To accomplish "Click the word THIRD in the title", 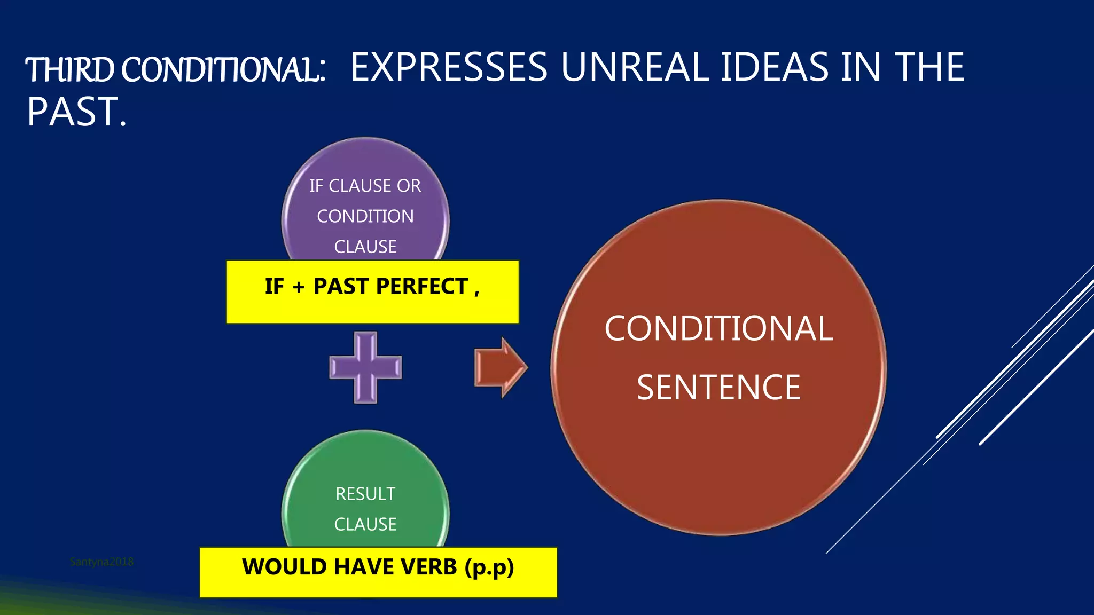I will (x=70, y=70).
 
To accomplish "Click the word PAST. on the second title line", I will (x=76, y=112).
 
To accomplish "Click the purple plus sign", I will (x=365, y=367).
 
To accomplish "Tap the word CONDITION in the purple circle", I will (x=365, y=216).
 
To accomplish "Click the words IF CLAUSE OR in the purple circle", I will (x=365, y=186).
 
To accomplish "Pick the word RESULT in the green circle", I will (x=365, y=494).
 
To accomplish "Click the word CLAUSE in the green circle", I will (x=365, y=524).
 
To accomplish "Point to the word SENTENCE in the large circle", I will (x=718, y=387).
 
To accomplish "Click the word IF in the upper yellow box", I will (x=274, y=286).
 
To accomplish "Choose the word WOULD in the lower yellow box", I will (x=278, y=566).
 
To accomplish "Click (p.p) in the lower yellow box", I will (x=489, y=567).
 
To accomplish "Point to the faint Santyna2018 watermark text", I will (x=101, y=562).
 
